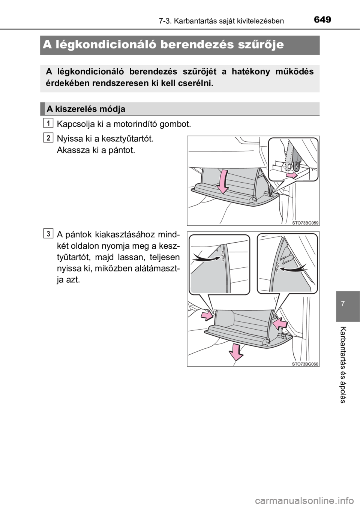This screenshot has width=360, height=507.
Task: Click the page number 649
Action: (322, 20)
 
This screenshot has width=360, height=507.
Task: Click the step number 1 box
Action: (48, 124)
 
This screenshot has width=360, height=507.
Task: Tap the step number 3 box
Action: (48, 233)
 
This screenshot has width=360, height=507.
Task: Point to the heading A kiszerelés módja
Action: (86, 109)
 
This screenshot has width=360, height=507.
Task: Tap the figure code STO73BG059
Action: (305, 223)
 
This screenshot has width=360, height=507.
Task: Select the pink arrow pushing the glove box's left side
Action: (207, 315)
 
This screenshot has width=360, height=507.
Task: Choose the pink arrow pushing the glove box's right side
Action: (280, 323)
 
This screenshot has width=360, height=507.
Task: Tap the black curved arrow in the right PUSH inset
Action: (294, 268)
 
